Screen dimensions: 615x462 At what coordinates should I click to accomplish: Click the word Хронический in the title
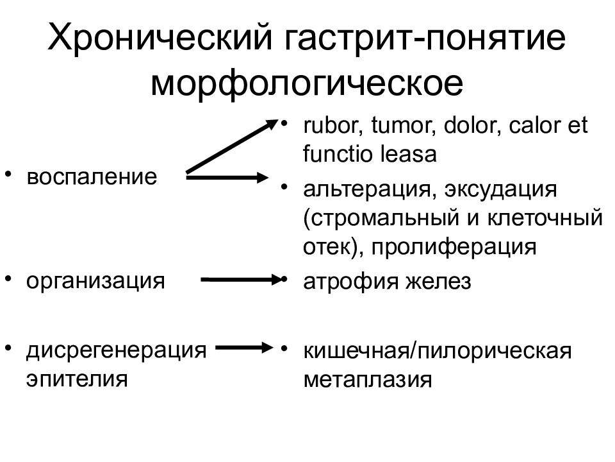pos(160,38)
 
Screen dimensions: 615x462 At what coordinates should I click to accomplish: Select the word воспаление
pos(92,177)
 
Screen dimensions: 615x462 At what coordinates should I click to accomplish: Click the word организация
pos(95,282)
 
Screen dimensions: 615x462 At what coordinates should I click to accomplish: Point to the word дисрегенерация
pos(116,350)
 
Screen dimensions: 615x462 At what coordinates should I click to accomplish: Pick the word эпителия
pos(77,379)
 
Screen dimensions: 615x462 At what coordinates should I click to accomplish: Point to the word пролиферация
pos(454,248)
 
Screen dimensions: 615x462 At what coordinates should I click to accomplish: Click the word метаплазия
pos(368,380)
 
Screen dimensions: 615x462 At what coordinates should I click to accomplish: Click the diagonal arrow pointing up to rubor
pos(232,146)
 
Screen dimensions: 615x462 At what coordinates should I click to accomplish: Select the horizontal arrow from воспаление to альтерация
pos(227,177)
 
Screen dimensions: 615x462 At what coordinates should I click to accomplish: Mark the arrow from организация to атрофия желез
pos(242,280)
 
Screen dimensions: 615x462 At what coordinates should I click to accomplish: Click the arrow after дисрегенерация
pos(244,347)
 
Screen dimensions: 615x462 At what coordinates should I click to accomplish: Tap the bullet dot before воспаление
pos(8,173)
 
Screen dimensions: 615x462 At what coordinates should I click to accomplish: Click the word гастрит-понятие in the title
pos(425,38)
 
